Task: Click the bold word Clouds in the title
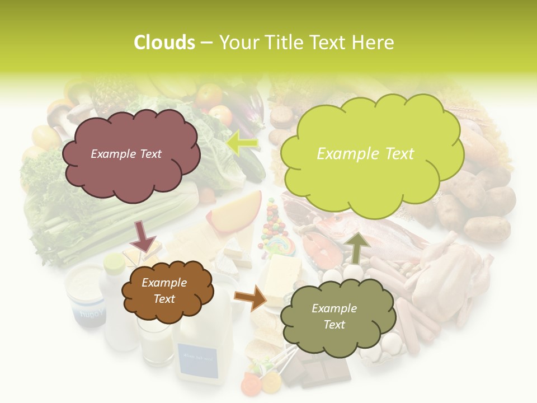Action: pyautogui.click(x=164, y=43)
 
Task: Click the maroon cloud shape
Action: pyautogui.click(x=130, y=154)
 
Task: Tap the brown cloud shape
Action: pyautogui.click(x=167, y=290)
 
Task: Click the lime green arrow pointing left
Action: pyautogui.click(x=243, y=143)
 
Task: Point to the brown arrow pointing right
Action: pyautogui.click(x=251, y=298)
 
